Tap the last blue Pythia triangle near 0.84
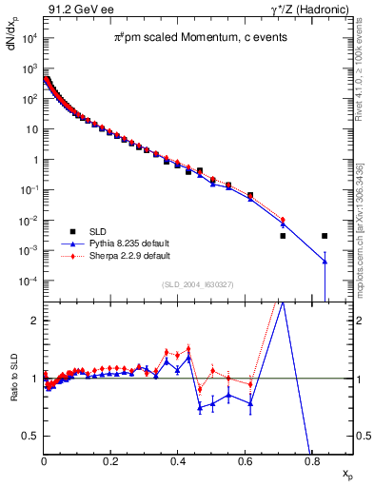pyautogui.click(x=325, y=262)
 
